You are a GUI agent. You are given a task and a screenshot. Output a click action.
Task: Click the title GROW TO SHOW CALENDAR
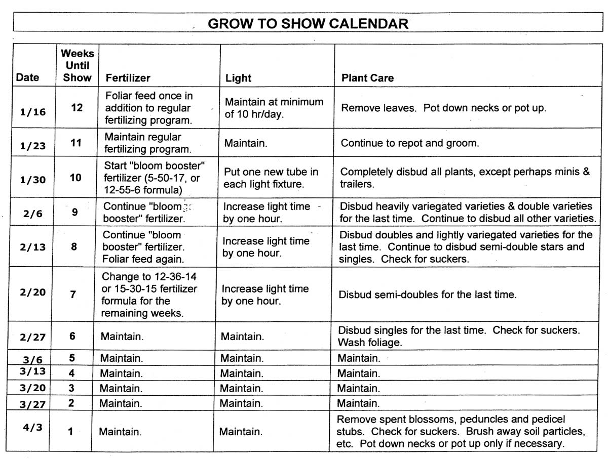308,23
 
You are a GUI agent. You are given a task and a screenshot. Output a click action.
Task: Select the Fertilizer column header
128,78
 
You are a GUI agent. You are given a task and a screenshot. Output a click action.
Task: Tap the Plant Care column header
367,78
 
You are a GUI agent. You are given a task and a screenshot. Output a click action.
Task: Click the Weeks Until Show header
78,65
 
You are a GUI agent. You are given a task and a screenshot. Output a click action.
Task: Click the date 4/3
32,427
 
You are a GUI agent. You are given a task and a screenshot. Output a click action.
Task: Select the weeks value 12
77,107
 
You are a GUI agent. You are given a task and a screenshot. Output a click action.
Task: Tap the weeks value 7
73,294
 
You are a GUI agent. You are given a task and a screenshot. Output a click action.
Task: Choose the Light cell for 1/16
274,108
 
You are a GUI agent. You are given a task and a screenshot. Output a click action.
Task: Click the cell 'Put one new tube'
271,178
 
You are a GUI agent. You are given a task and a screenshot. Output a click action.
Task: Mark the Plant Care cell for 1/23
409,143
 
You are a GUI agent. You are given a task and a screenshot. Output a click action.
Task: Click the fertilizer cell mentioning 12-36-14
149,295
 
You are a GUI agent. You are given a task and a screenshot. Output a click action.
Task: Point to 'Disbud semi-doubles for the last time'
427,295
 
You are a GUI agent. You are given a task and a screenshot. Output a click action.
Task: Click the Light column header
238,78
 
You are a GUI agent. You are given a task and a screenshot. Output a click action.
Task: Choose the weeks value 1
70,432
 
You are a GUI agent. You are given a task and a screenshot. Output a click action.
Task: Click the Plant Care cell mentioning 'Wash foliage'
459,336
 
